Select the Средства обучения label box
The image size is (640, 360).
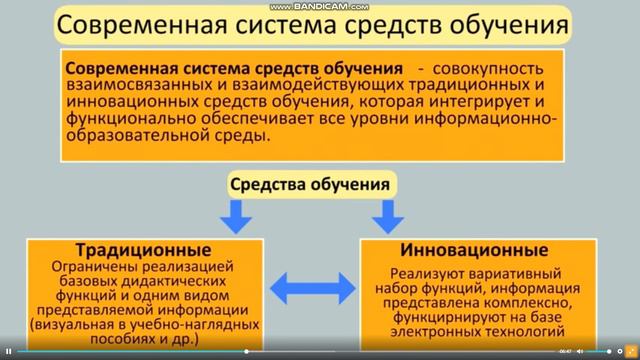point(310,184)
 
